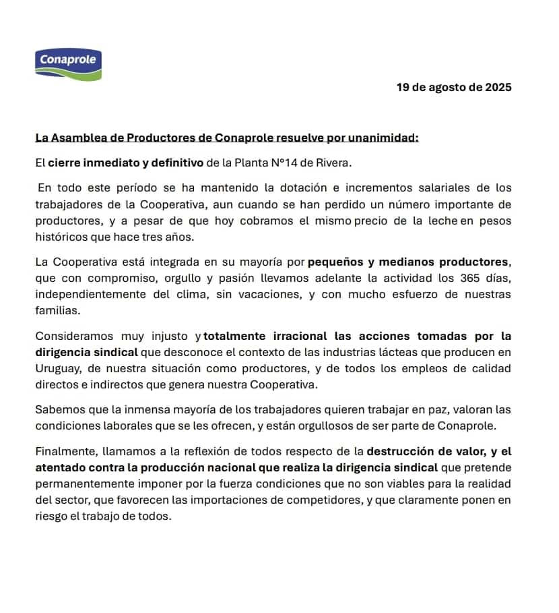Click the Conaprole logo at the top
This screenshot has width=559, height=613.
tap(67, 63)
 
